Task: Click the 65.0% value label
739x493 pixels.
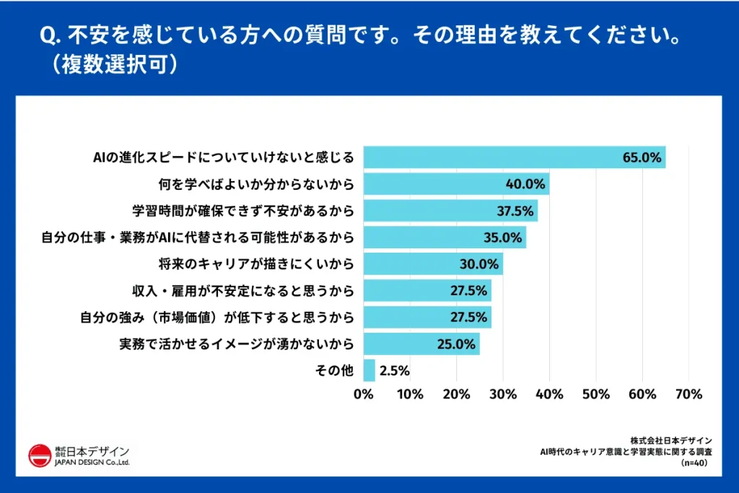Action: pyautogui.click(x=642, y=157)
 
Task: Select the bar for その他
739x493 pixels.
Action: pyautogui.click(x=369, y=370)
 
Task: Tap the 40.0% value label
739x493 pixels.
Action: pyautogui.click(x=525, y=184)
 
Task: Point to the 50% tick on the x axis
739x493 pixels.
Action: pyautogui.click(x=595, y=394)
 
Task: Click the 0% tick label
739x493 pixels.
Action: pyautogui.click(x=364, y=394)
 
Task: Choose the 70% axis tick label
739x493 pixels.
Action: pyautogui.click(x=688, y=394)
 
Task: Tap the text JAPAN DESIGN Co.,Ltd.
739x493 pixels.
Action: pyautogui.click(x=92, y=463)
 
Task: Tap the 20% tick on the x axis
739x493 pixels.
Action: pyautogui.click(x=456, y=394)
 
